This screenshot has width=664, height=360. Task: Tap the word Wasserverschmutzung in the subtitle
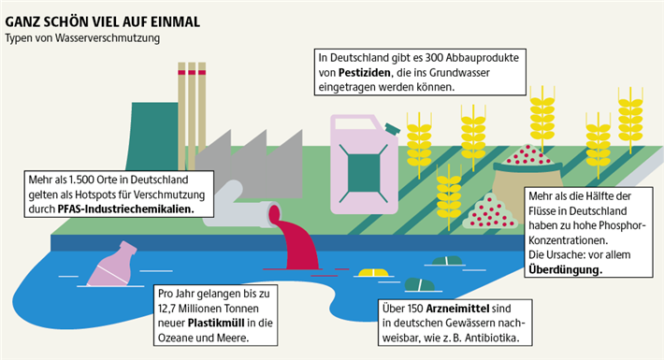coord(108,38)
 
